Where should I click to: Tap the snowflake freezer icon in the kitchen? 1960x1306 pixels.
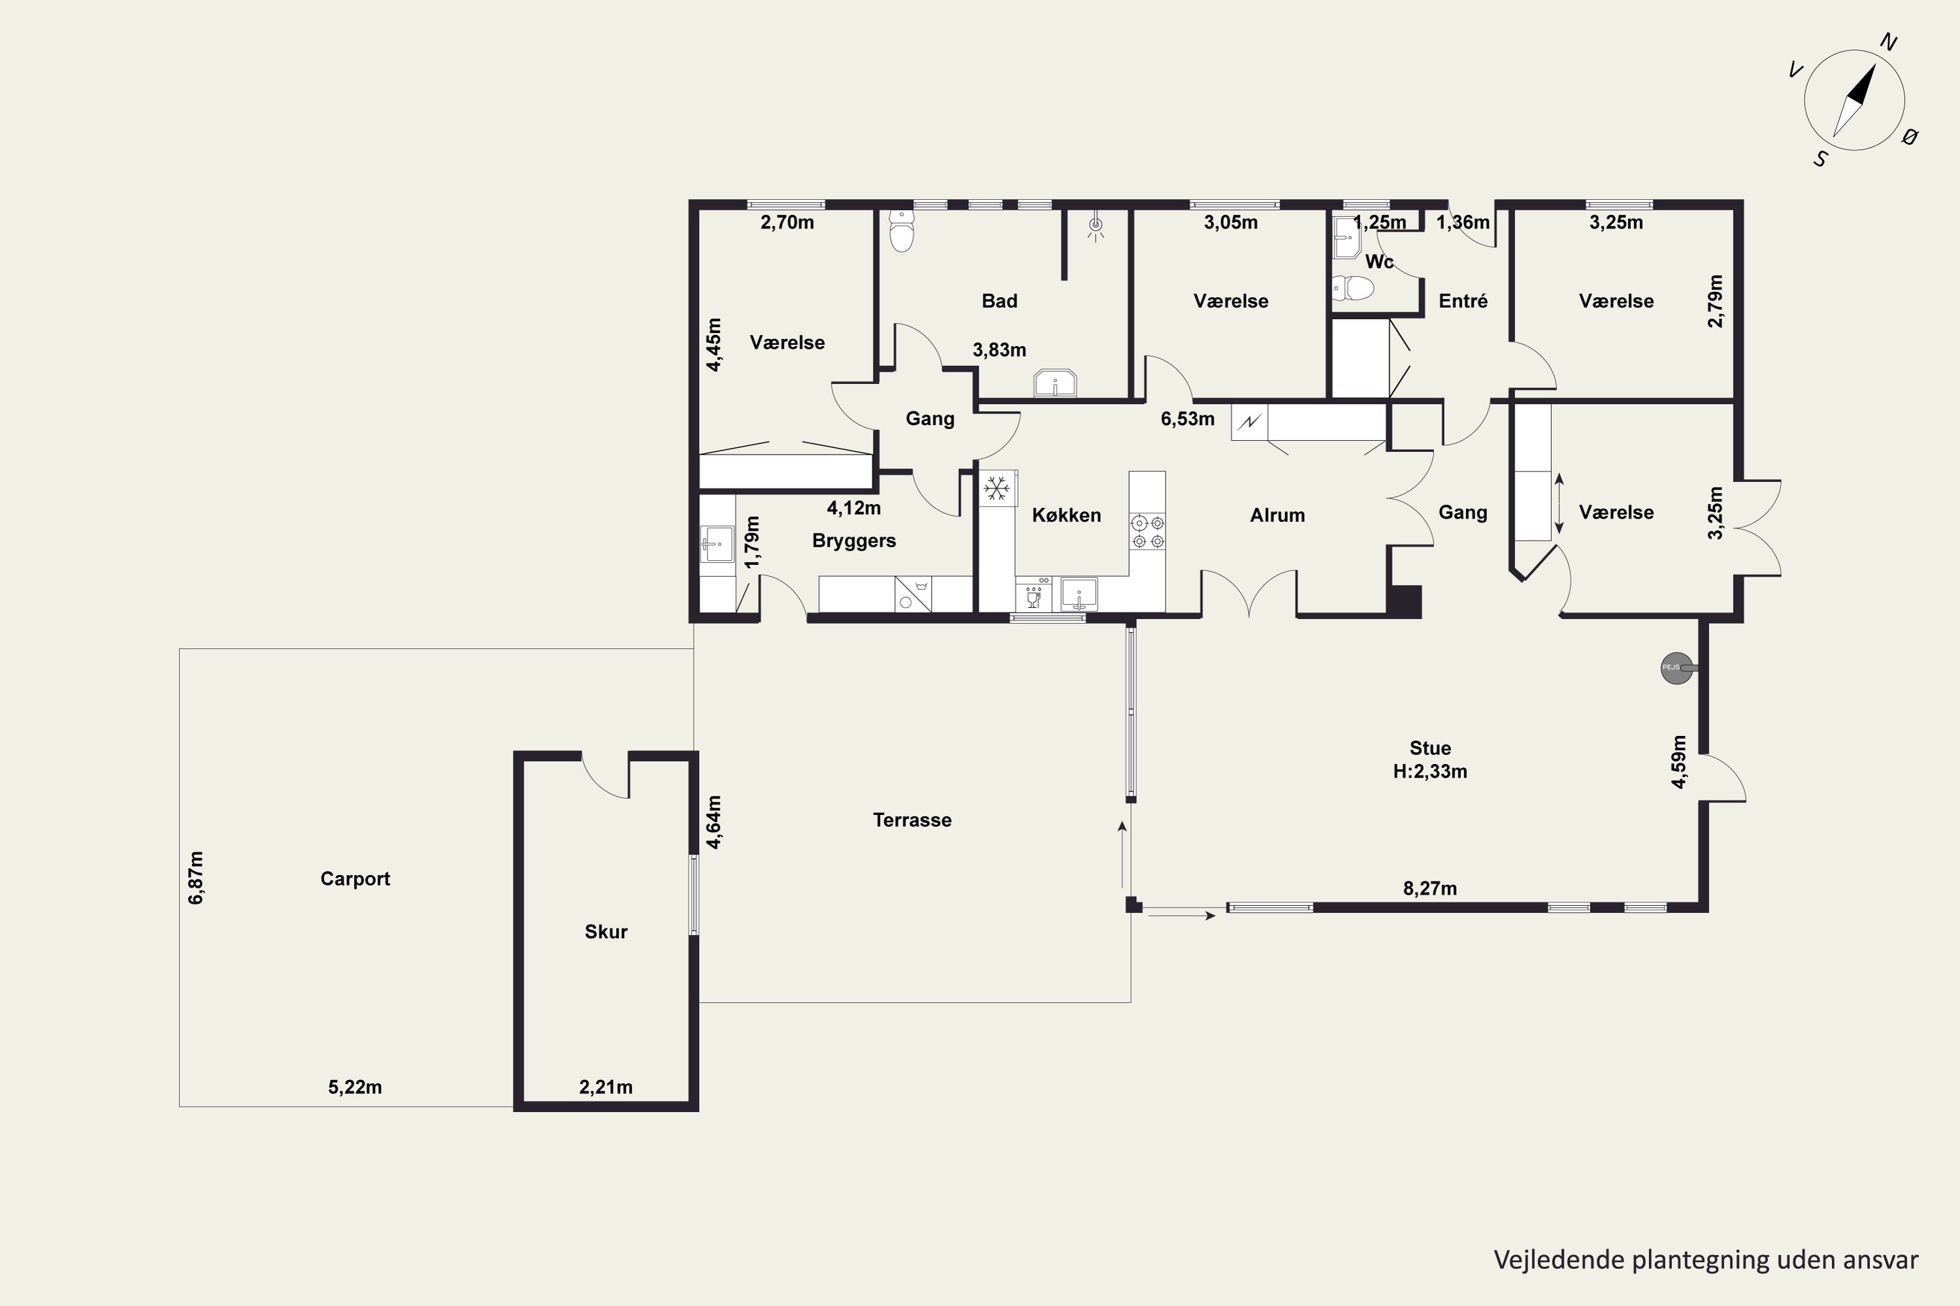997,488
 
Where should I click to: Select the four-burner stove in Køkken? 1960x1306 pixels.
1147,532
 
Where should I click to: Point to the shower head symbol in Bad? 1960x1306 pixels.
1096,225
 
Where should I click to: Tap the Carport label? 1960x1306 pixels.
355,879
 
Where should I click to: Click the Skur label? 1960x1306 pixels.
606,931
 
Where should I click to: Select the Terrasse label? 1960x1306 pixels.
913,820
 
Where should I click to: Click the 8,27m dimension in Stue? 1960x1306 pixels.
1430,888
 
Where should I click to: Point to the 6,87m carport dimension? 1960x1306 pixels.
196,877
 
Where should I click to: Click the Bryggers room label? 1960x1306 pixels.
854,541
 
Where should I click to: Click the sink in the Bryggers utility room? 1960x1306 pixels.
717,544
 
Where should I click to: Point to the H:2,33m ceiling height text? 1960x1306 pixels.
1430,771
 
